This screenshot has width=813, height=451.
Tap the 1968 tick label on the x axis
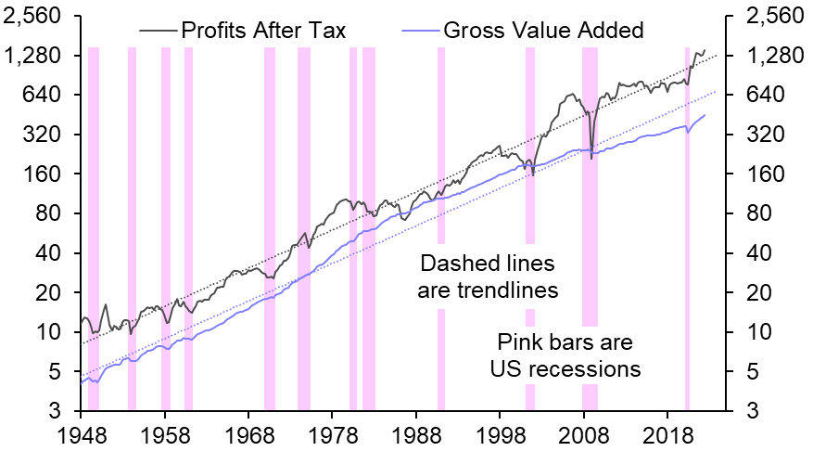248,434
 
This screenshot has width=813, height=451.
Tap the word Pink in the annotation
519,342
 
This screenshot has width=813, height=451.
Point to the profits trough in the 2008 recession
591,158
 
